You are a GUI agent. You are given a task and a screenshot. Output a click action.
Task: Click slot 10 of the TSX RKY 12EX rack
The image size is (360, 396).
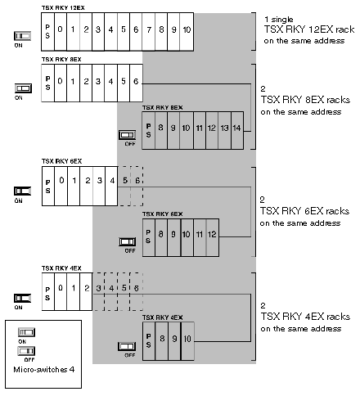[x=187, y=32]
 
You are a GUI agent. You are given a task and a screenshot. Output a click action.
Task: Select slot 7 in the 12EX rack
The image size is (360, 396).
[x=149, y=32]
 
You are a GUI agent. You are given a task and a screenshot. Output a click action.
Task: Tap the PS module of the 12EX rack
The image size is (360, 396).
[x=47, y=32]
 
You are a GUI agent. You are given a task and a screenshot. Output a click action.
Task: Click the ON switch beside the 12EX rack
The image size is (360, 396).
[x=22, y=36]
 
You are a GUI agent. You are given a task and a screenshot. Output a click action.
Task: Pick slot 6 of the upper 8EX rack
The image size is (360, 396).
[x=136, y=83]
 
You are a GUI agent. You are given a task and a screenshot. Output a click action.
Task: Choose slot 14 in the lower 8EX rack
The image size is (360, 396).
[x=237, y=130]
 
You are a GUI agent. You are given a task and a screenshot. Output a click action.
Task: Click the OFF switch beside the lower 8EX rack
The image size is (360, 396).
[x=128, y=135]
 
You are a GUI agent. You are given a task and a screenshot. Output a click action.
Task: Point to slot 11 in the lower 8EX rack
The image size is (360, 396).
[x=200, y=130]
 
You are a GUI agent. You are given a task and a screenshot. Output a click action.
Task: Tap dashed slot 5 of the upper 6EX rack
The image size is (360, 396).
[x=124, y=186]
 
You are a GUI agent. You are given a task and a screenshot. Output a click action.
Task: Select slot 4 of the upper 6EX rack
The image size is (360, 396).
[x=111, y=186]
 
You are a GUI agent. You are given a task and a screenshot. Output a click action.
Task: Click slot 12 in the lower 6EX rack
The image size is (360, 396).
[x=213, y=237]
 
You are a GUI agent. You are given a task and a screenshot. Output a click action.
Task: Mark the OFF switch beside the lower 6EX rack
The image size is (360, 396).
[x=128, y=241]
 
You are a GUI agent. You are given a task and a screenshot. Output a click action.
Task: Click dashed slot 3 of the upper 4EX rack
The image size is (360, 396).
[x=98, y=291]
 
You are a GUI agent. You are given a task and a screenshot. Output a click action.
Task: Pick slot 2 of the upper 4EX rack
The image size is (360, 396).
[x=86, y=291]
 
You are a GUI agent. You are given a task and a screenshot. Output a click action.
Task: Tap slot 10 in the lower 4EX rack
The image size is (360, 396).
[x=187, y=341]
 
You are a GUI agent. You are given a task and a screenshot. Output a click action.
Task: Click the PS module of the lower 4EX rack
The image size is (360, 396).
[x=149, y=341]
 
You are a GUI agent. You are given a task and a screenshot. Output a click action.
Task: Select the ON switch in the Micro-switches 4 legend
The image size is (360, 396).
[x=26, y=332]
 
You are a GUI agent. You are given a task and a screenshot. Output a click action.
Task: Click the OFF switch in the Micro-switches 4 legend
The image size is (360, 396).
[x=26, y=351]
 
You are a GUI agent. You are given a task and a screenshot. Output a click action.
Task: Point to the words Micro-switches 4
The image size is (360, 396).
[x=44, y=370]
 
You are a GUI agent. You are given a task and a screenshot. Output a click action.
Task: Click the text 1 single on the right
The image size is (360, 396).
[x=279, y=20]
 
